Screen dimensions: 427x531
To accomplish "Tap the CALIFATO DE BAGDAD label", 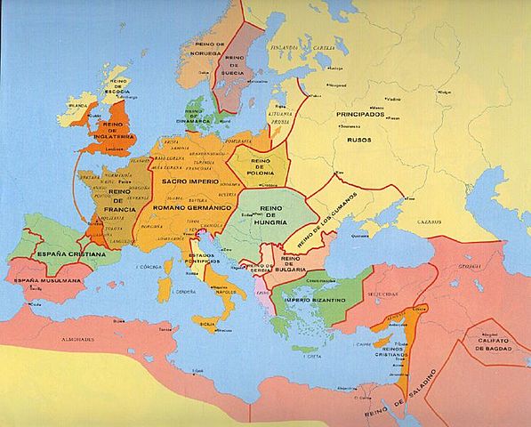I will [491, 342].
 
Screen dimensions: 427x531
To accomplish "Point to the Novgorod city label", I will [334, 86].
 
